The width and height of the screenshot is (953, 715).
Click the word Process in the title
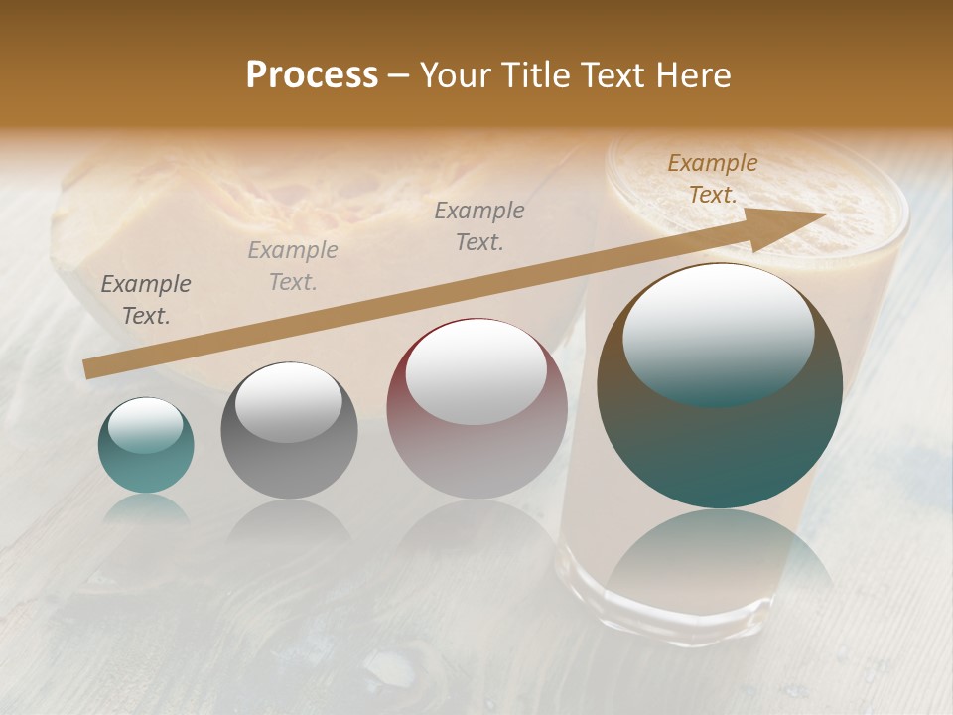pyautogui.click(x=312, y=75)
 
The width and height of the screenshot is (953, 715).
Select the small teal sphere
pyautogui.click(x=146, y=445)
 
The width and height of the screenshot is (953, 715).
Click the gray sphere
pyautogui.click(x=289, y=430)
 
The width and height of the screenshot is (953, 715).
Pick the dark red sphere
pyautogui.click(x=476, y=408)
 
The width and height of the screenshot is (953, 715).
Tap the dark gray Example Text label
pyautogui.click(x=146, y=300)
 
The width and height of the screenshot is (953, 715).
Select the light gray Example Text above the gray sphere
pyautogui.click(x=293, y=266)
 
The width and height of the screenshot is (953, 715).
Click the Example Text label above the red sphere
pyautogui.click(x=479, y=225)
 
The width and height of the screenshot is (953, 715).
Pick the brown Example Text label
pyautogui.click(x=713, y=179)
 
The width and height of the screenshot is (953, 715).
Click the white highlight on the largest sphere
pyautogui.click(x=718, y=334)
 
